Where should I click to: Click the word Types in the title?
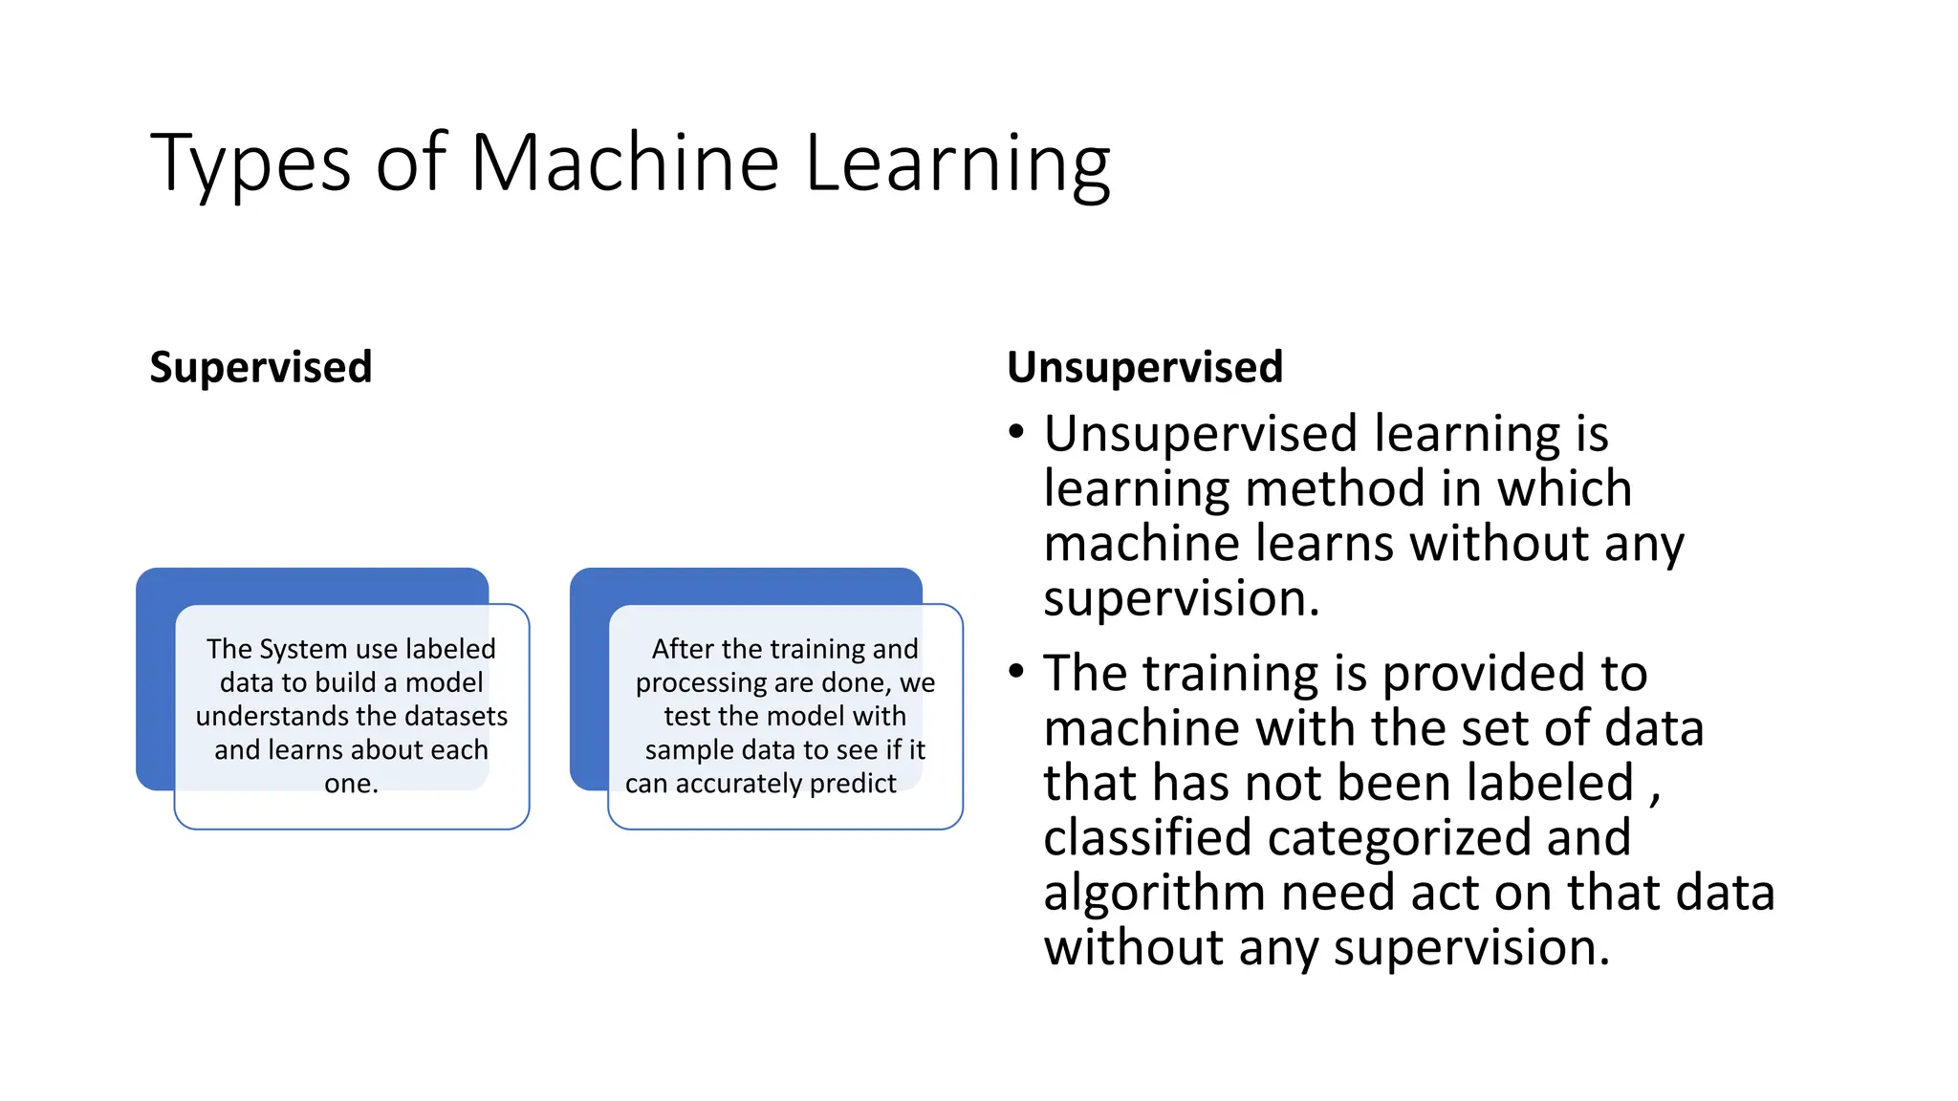pos(250,164)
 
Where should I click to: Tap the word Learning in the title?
pos(957,164)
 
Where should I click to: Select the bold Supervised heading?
pos(260,367)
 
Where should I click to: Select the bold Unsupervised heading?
pos(1144,367)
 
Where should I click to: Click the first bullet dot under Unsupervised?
pos(1016,433)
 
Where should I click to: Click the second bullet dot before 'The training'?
pos(1016,672)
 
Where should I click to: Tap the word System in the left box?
pos(301,649)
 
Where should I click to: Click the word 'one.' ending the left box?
pos(351,784)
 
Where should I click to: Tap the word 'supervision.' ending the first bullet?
pos(1181,598)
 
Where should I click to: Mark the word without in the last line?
pos(1134,947)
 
